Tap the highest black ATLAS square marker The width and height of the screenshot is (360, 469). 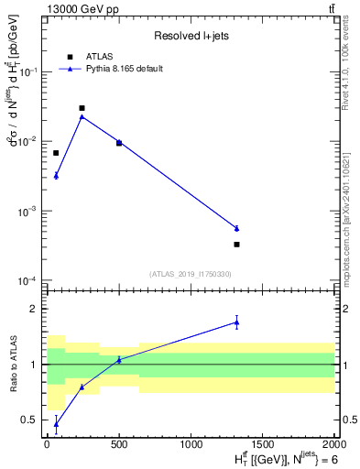[82, 108]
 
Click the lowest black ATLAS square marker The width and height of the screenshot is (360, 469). [236, 245]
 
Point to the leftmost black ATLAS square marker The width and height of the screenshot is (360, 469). [56, 153]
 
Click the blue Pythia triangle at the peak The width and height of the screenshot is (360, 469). [82, 116]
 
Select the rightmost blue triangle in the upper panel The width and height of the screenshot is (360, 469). [236, 228]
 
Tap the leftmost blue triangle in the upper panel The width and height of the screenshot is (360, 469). [56, 175]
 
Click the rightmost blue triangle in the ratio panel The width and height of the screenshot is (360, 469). [236, 322]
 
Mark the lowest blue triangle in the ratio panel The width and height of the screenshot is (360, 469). [56, 423]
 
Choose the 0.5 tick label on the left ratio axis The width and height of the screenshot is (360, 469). [32, 420]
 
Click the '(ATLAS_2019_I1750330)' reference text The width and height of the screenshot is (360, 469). [191, 274]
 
